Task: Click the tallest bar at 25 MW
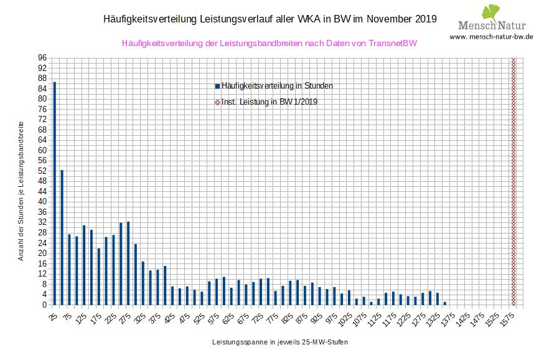pos(55,193)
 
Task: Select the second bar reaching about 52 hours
pos(62,237)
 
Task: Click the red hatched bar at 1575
pos(513,181)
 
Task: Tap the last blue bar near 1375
pos(445,303)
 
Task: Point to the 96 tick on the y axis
pos(43,58)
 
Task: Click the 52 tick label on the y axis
pos(43,171)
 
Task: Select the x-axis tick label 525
pos(199,316)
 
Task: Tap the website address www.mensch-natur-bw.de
pos(491,37)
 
